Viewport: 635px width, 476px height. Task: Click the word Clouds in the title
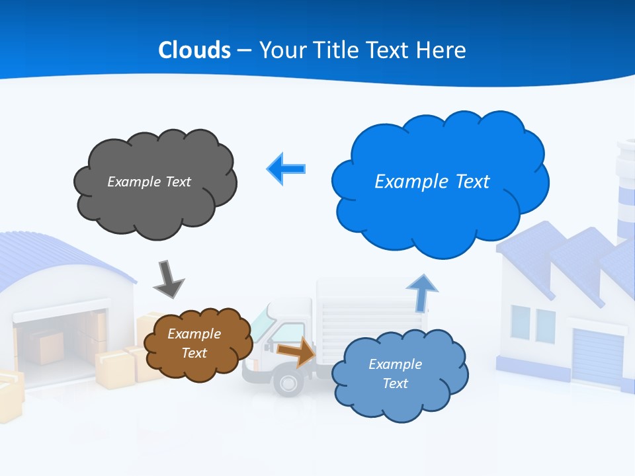coord(194,50)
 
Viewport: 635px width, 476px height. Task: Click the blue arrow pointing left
coord(286,169)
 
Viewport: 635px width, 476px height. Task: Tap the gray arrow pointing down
coord(168,278)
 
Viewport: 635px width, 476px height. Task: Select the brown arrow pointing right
coord(296,351)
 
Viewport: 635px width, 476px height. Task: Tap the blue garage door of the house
coord(597,357)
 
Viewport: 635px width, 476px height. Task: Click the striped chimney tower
coord(625,192)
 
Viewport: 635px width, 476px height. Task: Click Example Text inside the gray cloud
coord(149,182)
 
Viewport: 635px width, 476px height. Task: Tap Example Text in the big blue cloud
coord(432,182)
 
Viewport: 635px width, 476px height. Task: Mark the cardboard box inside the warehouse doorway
coord(50,347)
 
